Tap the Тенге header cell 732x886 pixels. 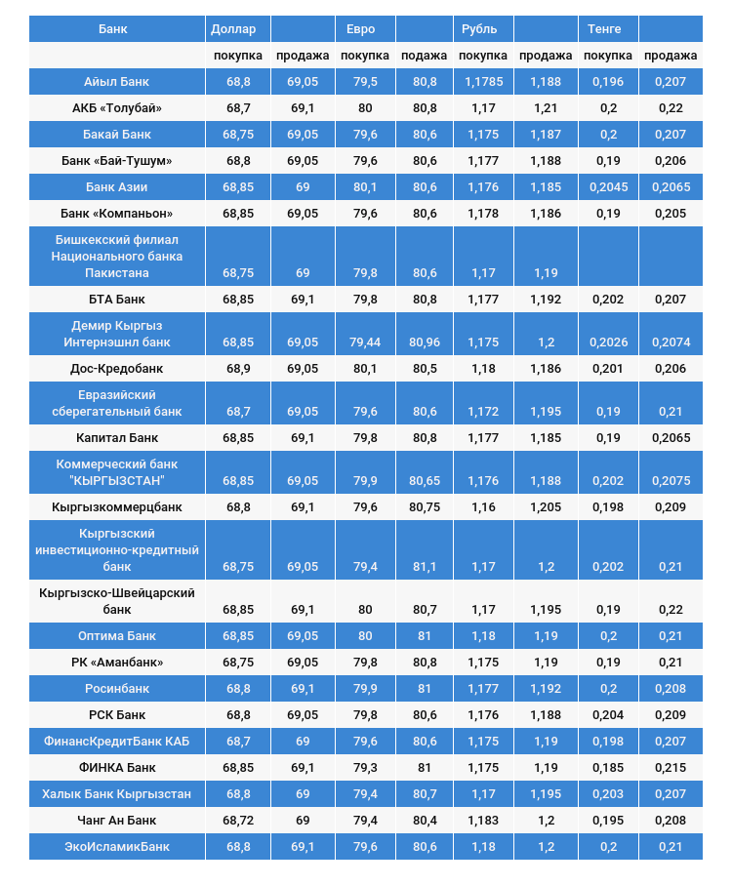coord(604,29)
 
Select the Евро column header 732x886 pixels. coord(360,29)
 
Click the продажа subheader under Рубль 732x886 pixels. coord(546,56)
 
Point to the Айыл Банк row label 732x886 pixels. coord(116,82)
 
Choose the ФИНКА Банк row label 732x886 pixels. coord(116,768)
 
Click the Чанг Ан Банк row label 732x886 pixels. coord(116,821)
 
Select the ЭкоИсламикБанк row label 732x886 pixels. coord(116,847)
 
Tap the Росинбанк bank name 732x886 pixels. coord(116,689)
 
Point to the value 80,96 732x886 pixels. coord(425,342)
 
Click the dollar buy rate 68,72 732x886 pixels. coord(238,821)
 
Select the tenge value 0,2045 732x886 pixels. coord(609,187)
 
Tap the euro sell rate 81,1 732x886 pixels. coord(425,567)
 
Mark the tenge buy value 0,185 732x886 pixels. coord(609,768)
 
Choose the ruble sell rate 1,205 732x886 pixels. coord(546,507)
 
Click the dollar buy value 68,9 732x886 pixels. coord(238,369)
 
